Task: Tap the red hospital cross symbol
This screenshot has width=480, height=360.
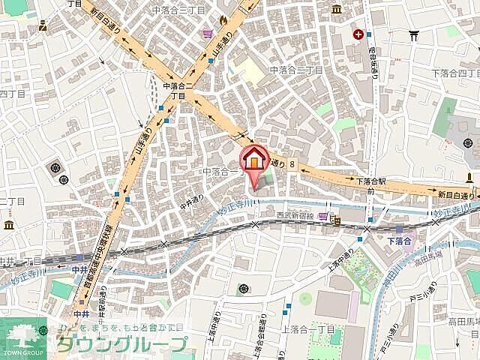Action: tap(360, 34)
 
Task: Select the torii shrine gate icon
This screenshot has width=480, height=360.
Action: tap(412, 34)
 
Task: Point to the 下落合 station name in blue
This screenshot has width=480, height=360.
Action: tap(400, 241)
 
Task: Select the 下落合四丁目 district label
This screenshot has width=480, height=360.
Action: tap(455, 72)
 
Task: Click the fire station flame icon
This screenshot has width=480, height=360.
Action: tap(223, 20)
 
